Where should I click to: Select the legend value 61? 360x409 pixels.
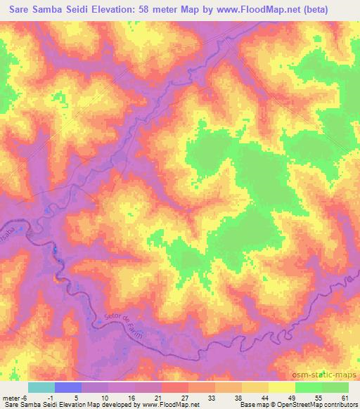point(342,397)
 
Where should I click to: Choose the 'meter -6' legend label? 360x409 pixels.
point(15,397)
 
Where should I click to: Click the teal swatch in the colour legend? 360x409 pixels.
point(41,387)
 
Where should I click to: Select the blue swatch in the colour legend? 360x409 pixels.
point(68,387)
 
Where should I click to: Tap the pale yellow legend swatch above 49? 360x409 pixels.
point(281,387)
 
